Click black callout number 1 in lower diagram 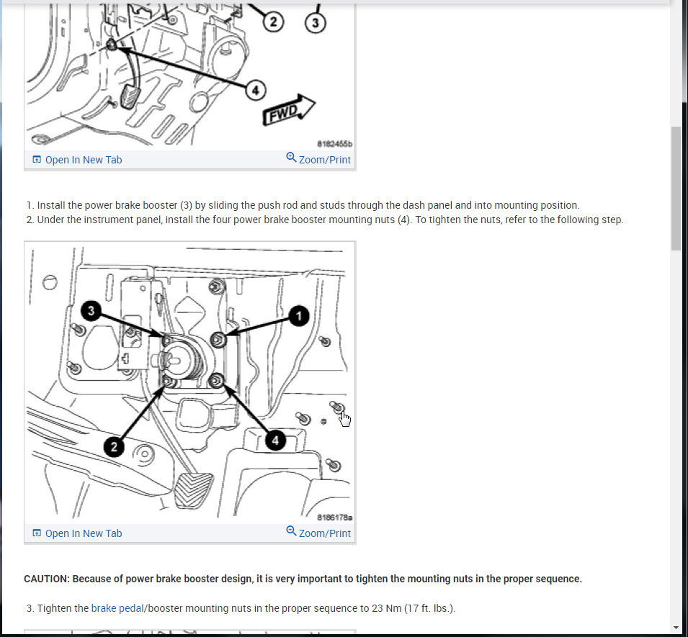[x=299, y=316]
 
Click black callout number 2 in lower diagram [x=114, y=447]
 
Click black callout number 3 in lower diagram [x=91, y=311]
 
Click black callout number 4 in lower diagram [x=275, y=441]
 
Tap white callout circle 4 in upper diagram [x=255, y=91]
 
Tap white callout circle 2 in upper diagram [x=273, y=22]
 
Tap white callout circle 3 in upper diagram [x=316, y=23]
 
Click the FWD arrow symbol [x=288, y=110]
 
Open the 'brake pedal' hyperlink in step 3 [x=117, y=608]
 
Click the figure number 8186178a [x=335, y=518]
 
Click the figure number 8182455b [x=335, y=144]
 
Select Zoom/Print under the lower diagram [x=318, y=533]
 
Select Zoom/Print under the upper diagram [x=318, y=159]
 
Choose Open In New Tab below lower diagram [x=77, y=533]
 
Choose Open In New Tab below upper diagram [x=77, y=160]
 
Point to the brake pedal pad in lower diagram [x=194, y=490]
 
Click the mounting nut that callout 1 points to [x=218, y=340]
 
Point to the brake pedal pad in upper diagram [x=130, y=97]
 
